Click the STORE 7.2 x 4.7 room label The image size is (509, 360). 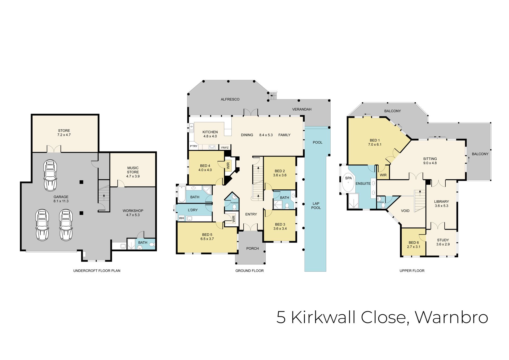click(64, 133)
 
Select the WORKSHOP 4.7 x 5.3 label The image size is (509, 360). click(133, 213)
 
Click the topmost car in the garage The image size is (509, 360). click(50, 175)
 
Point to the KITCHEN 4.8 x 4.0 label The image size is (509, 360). click(210, 134)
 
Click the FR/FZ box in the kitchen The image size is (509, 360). click(225, 148)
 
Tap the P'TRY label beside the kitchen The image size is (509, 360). click(194, 146)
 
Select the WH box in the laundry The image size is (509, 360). click(181, 218)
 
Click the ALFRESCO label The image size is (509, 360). click(230, 99)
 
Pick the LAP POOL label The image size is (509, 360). click(316, 206)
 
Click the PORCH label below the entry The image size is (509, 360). click(252, 248)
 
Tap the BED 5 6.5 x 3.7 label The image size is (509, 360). click(207, 237)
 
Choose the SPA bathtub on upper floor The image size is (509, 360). click(348, 183)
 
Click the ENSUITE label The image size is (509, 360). click(363, 183)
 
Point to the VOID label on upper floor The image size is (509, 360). click(405, 211)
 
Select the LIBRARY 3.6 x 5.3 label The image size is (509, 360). click(441, 203)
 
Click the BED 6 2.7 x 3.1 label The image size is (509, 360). click(414, 245)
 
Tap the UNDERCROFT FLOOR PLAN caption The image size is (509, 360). click(97, 271)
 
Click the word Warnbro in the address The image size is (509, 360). click(451, 317)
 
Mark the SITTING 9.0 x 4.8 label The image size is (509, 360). click(430, 161)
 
